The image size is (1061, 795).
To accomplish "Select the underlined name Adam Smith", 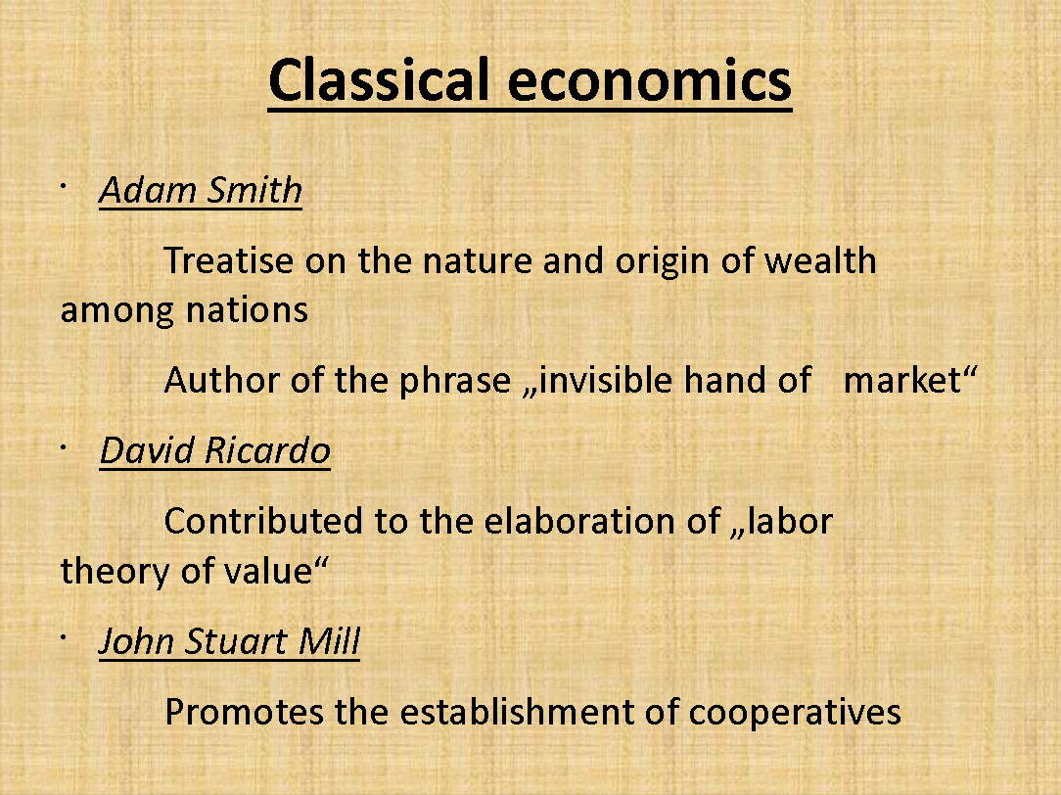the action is (x=201, y=190).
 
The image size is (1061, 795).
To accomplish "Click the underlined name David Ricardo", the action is (x=215, y=450).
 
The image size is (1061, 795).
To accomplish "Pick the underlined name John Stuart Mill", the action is (x=229, y=641).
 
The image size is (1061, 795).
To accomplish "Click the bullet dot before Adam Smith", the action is (x=63, y=185).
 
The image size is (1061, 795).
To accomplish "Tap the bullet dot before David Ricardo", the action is (x=63, y=445).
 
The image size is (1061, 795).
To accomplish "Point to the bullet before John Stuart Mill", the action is (x=63, y=636).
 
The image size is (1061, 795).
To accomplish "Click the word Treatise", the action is (x=229, y=260).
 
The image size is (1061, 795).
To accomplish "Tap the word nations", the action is (x=247, y=310).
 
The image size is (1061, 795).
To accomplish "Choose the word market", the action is (x=902, y=381).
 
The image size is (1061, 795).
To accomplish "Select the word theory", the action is (x=115, y=572).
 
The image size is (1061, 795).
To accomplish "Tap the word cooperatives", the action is (x=795, y=713).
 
